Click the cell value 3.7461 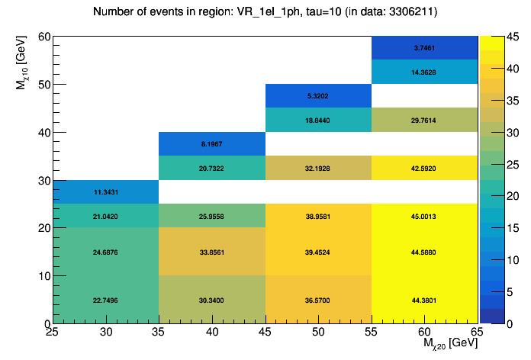[x=424, y=47]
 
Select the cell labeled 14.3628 [x=424, y=72]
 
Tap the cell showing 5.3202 [x=317, y=96]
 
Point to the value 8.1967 [x=211, y=143]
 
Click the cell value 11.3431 [x=105, y=191]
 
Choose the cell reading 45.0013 [x=424, y=216]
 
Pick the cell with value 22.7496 [x=105, y=300]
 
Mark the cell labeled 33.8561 [x=211, y=252]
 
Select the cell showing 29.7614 [x=424, y=120]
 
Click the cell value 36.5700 [x=317, y=300]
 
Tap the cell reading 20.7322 [x=211, y=168]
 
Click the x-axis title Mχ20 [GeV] [x=450, y=345]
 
